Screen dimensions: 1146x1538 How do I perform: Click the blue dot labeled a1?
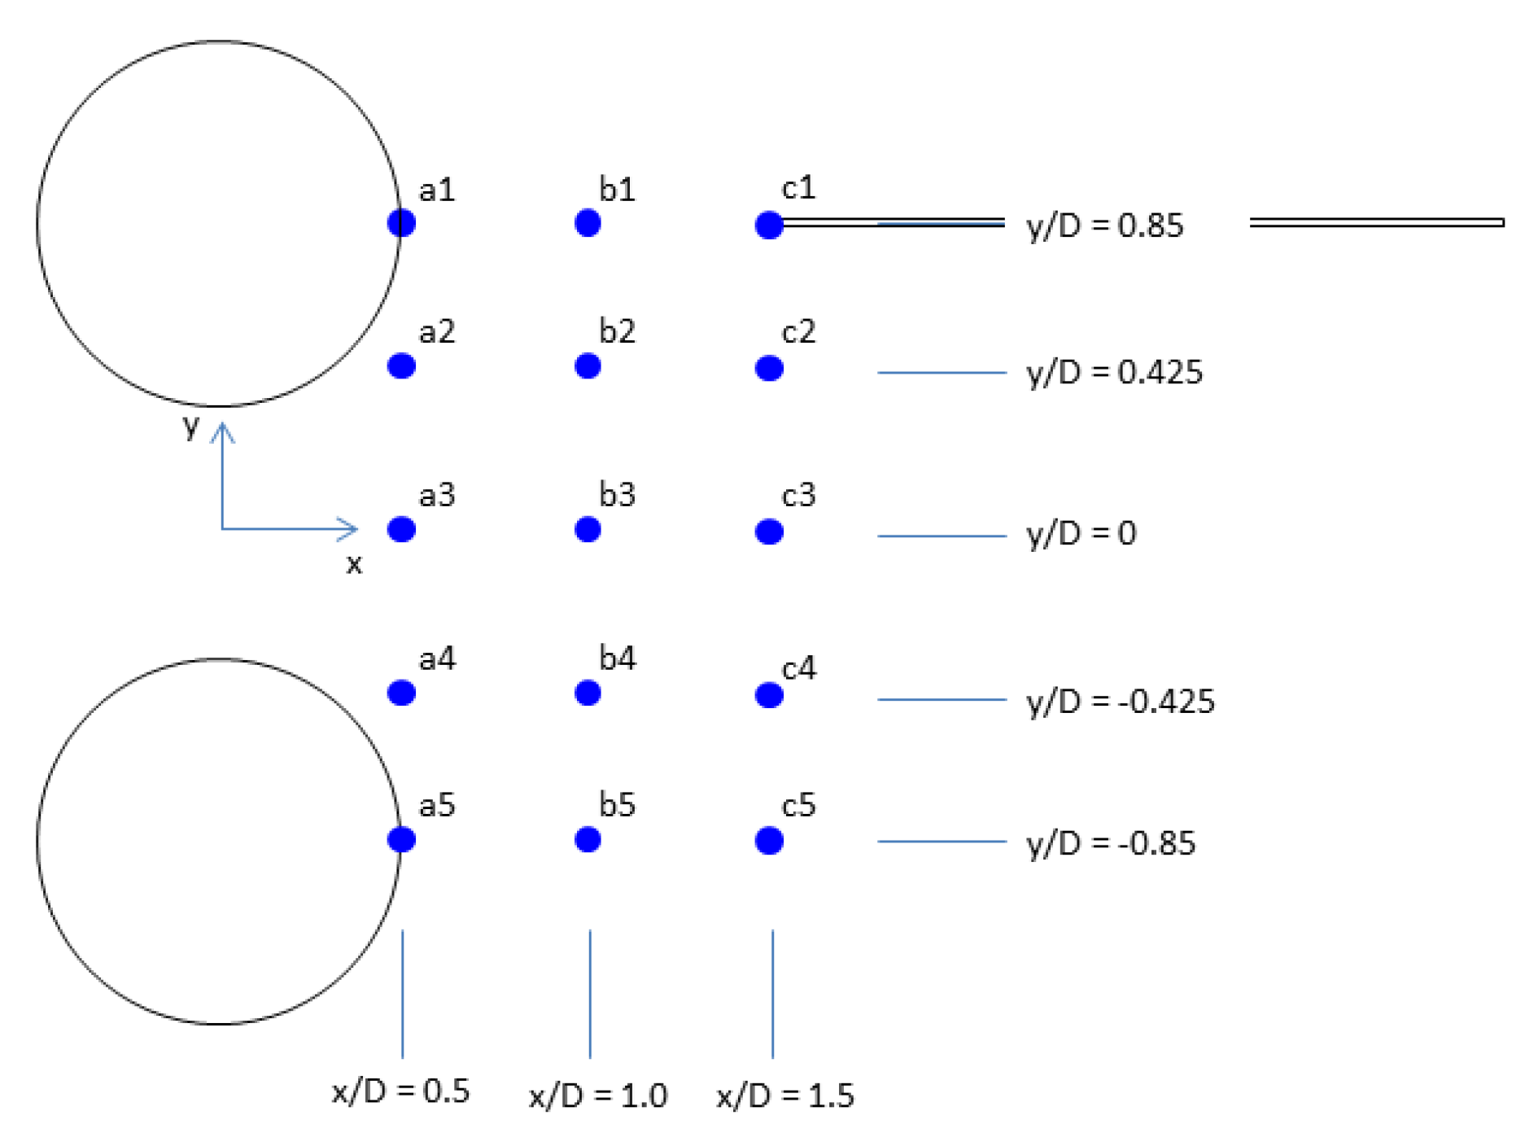click(x=401, y=222)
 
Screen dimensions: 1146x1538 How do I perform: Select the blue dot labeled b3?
click(x=587, y=530)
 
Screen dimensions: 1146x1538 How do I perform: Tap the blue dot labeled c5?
click(x=768, y=841)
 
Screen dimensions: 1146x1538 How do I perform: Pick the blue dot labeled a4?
click(x=401, y=693)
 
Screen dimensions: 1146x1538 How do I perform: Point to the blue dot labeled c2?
click(x=768, y=368)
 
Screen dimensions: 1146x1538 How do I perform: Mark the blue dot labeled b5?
click(x=587, y=839)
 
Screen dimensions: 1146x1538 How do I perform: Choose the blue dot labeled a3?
click(x=401, y=530)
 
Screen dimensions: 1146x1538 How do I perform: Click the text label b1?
click(x=617, y=190)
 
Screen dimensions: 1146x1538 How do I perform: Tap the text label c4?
click(x=798, y=668)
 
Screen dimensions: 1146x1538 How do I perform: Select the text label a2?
click(x=437, y=332)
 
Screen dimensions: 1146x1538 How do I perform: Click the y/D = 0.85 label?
click(x=1104, y=226)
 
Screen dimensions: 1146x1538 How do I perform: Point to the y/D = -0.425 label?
click(x=1120, y=702)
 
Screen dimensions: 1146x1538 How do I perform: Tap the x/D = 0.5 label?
click(x=400, y=1091)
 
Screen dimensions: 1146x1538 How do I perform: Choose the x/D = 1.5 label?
click(x=785, y=1096)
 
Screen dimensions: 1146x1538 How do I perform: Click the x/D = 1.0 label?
click(x=598, y=1096)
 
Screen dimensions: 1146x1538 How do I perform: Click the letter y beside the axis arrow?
click(x=191, y=425)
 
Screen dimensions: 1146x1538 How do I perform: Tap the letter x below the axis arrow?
click(x=354, y=563)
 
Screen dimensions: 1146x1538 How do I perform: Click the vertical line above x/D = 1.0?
click(x=590, y=993)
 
